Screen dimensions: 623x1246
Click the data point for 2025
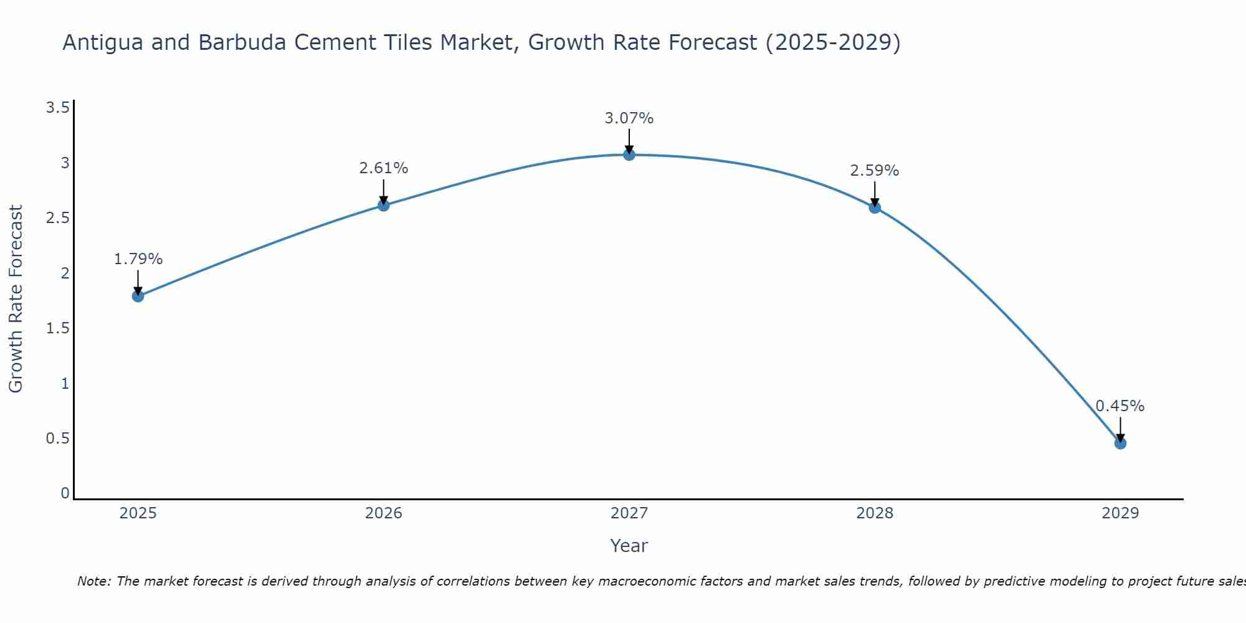138,296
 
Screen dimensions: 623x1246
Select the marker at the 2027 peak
629,155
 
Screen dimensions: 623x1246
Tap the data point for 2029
1120,444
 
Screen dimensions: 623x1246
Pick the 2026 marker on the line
384,205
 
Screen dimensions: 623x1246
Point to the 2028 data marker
875,207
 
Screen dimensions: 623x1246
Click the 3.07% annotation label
629,118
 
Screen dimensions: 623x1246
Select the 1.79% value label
138,259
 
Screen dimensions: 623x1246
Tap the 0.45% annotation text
1120,406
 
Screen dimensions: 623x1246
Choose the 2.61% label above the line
384,168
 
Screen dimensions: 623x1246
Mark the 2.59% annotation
875,170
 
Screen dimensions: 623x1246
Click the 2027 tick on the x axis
629,513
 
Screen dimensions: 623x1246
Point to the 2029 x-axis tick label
1120,513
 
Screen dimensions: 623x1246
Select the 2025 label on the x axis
138,513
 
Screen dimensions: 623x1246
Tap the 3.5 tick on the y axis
57,108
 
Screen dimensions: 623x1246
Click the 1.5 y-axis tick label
57,328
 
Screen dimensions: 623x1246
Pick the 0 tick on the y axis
65,493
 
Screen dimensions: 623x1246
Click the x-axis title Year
629,546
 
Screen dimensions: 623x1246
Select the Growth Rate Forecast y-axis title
16,299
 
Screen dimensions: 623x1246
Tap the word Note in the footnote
93,581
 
